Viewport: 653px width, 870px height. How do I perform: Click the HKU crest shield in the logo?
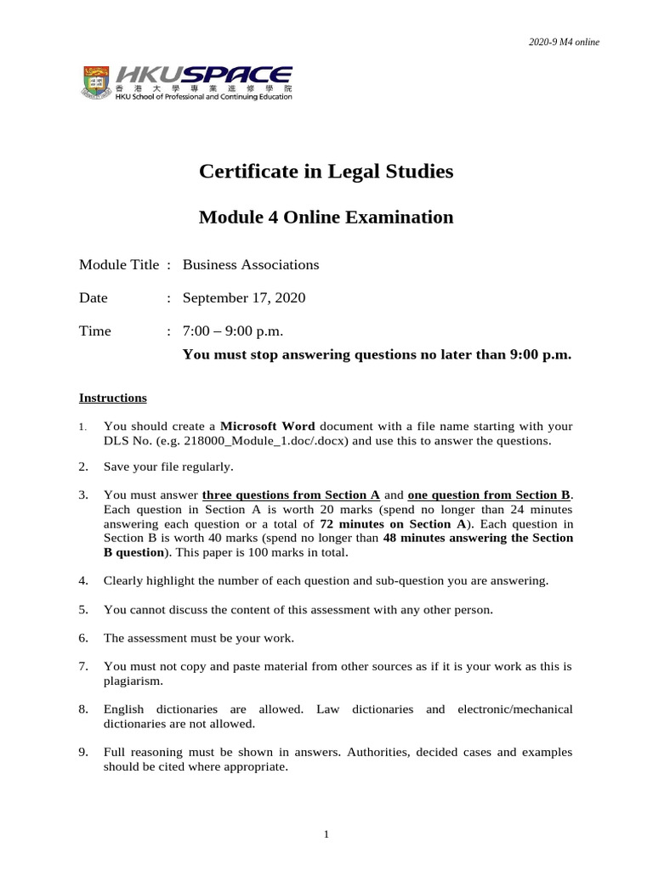click(94, 82)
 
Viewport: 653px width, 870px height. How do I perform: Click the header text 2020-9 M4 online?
click(565, 42)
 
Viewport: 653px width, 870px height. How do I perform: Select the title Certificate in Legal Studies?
click(326, 172)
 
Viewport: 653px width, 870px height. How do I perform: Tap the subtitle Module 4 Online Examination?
click(326, 217)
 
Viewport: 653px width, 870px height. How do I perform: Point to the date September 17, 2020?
click(244, 297)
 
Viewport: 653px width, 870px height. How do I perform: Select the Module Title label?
click(119, 264)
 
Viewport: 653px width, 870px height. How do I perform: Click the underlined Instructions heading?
click(113, 398)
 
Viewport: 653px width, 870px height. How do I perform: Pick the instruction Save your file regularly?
click(168, 466)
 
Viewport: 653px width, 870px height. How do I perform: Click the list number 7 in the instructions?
click(83, 666)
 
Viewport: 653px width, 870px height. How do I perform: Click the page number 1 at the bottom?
click(326, 834)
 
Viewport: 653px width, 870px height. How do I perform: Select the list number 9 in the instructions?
click(83, 752)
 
